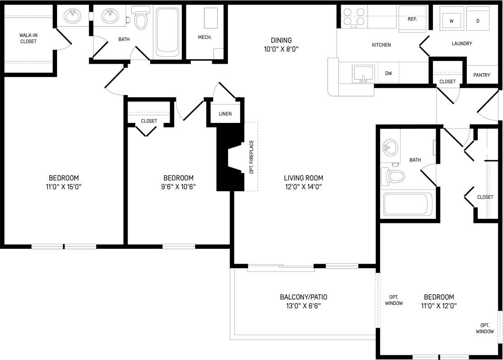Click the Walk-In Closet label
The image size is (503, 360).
pos(28,38)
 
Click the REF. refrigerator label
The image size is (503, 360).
pos(412,19)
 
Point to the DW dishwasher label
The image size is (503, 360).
pos(388,73)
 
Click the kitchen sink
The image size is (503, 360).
pos(363,74)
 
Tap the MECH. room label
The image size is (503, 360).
pos(204,37)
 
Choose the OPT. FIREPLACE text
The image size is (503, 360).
pos(251,156)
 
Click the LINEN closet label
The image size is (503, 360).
pos(225,114)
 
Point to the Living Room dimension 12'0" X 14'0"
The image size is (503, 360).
pos(304,186)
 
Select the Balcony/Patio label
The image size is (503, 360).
pos(303,297)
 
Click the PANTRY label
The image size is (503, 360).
pos(482,75)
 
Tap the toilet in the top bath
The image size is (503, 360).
pos(142,20)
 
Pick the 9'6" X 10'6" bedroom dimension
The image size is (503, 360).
pos(178,186)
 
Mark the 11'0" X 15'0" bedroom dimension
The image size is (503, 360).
pos(64,186)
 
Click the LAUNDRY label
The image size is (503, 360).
pos(461,43)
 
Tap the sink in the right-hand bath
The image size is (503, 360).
pos(389,146)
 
